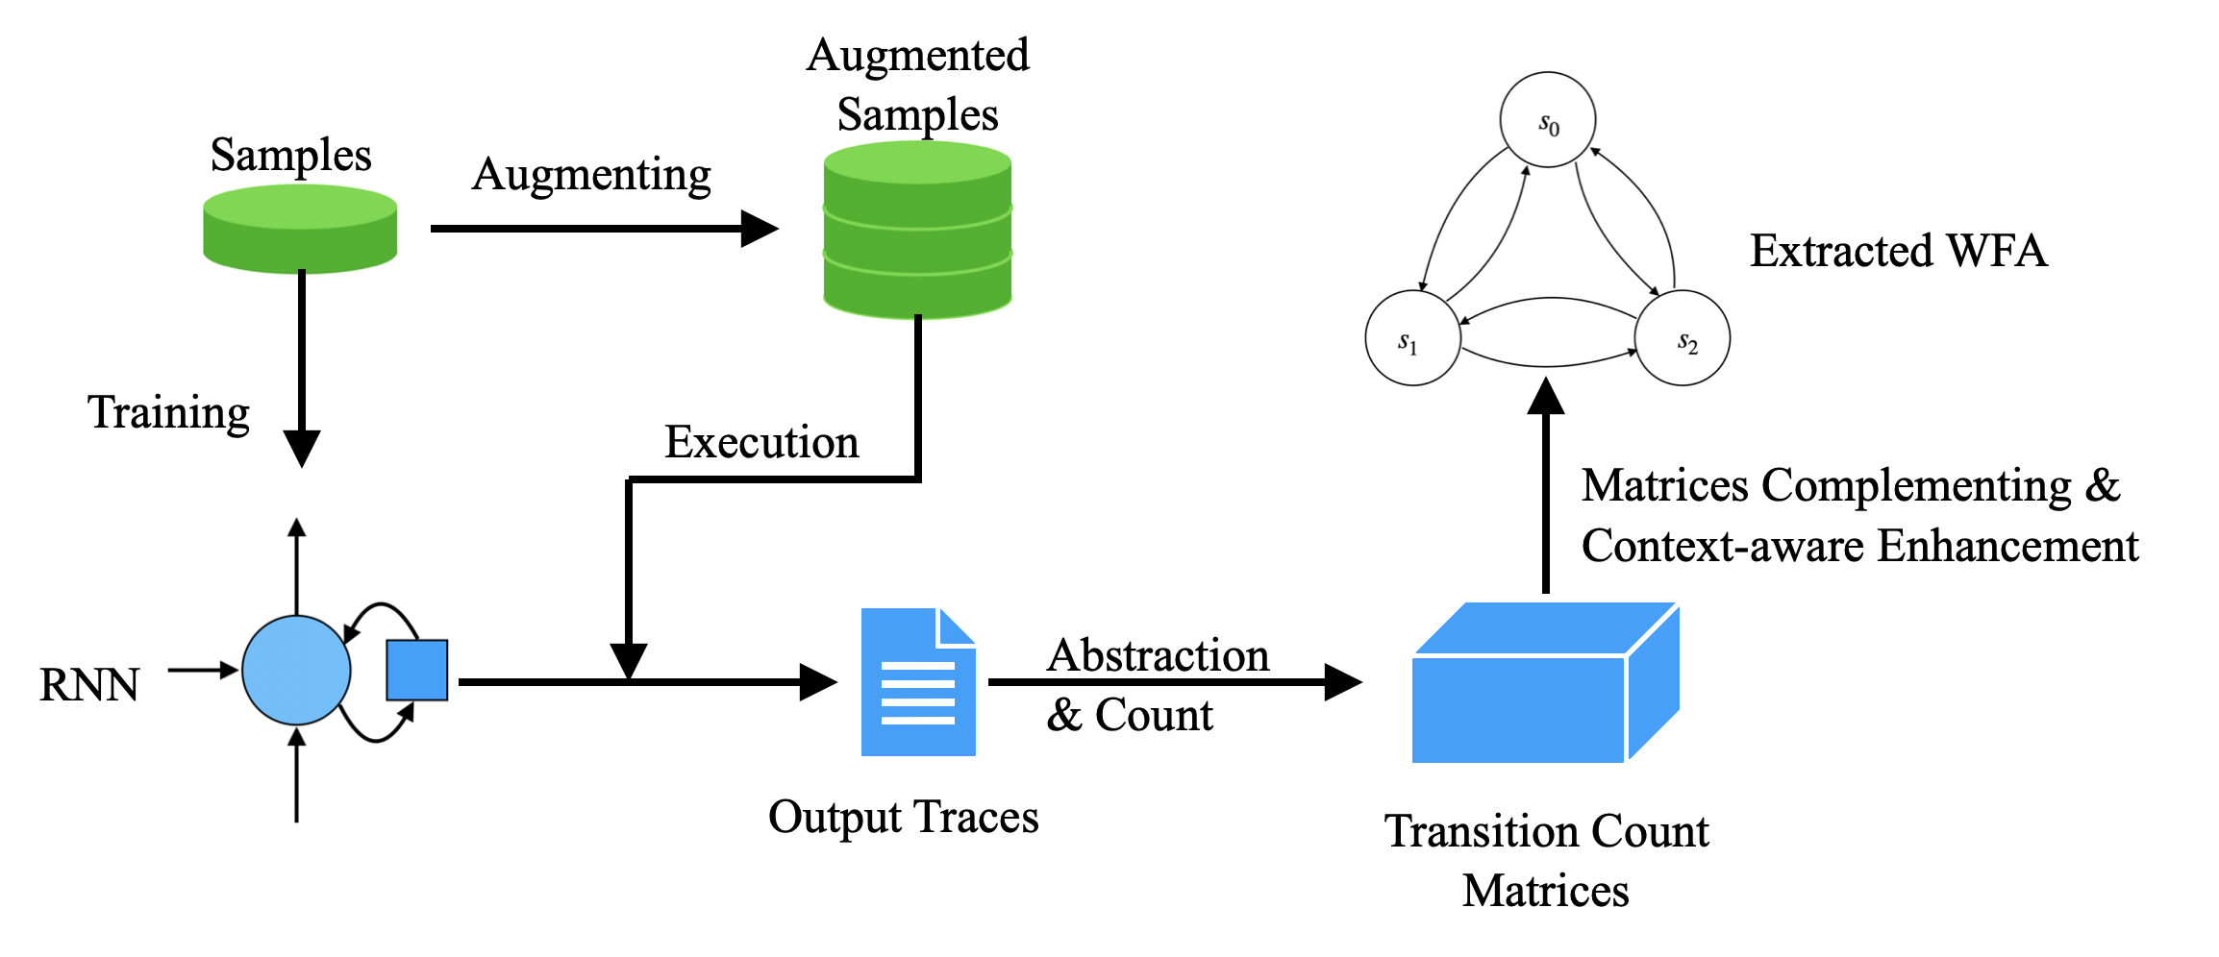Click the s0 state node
(x=1547, y=120)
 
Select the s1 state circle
(x=1412, y=339)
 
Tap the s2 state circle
(x=1683, y=339)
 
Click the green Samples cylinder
(x=300, y=230)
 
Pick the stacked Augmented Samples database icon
(x=917, y=231)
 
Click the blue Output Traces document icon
(x=917, y=683)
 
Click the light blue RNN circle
(x=296, y=670)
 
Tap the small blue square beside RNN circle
(x=416, y=670)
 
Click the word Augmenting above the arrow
(x=591, y=175)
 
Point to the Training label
(x=169, y=412)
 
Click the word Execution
(x=761, y=442)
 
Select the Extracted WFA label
(x=1898, y=251)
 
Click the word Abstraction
(x=1158, y=655)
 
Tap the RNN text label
(x=89, y=685)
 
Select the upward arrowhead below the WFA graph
(x=1546, y=396)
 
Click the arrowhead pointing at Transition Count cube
(x=1343, y=682)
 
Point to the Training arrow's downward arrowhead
(x=302, y=449)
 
